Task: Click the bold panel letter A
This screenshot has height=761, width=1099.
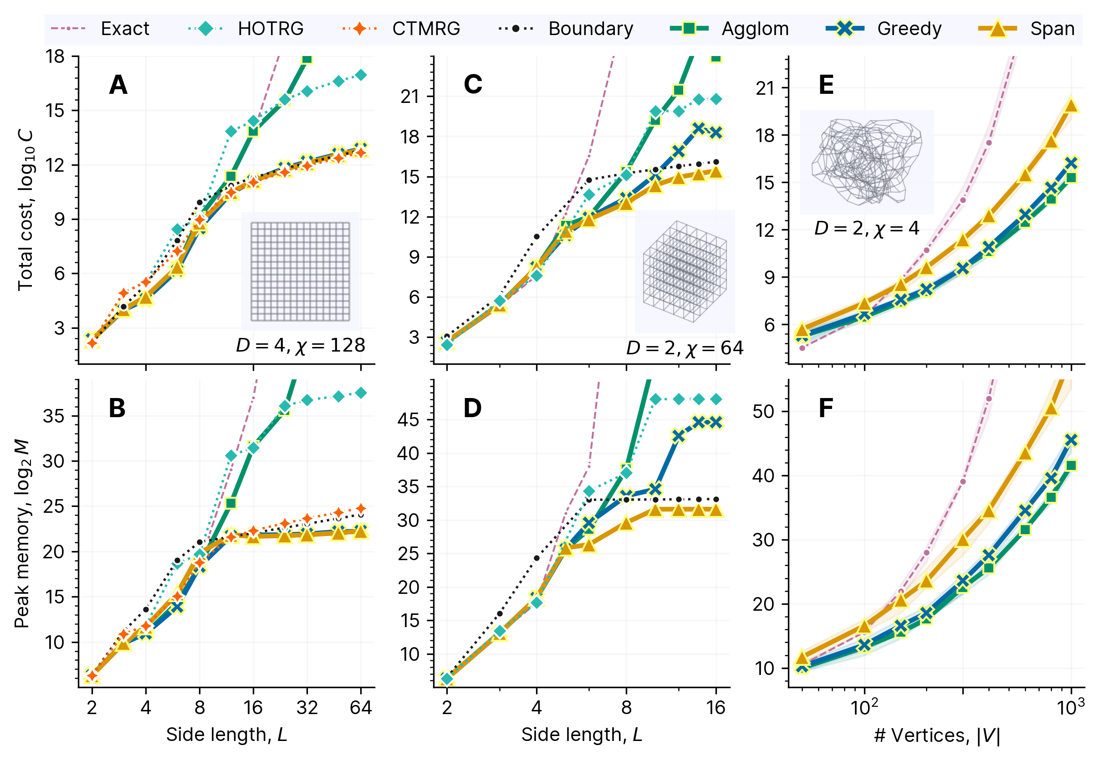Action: [x=118, y=85]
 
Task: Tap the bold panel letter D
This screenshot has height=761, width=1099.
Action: [x=472, y=409]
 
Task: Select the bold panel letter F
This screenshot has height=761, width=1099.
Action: [x=826, y=409]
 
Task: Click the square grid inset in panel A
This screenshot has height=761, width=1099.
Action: [x=301, y=271]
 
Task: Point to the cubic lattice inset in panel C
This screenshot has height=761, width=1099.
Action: [x=685, y=271]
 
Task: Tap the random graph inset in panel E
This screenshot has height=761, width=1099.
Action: [x=866, y=162]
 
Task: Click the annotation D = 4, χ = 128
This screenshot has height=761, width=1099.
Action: [x=301, y=345]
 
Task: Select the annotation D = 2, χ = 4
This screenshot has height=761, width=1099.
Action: [x=866, y=229]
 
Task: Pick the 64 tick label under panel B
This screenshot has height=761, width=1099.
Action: [x=360, y=708]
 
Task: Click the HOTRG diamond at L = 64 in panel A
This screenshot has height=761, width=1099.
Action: [x=361, y=75]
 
